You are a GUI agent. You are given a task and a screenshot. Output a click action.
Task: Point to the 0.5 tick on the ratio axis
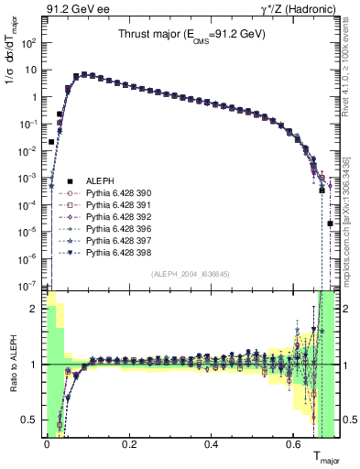pos(33,420)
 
